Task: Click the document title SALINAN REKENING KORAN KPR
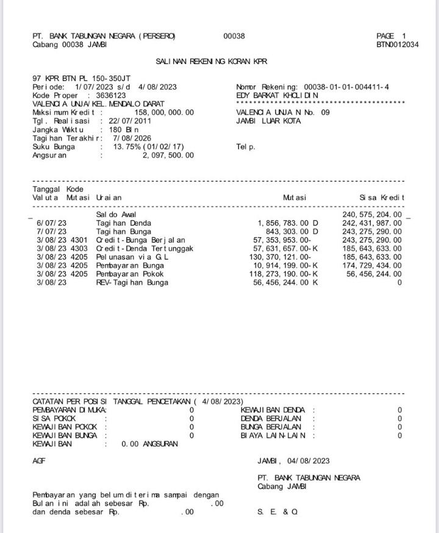point(212,62)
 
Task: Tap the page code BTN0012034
point(397,45)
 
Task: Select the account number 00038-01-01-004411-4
point(346,87)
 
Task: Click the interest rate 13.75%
point(127,147)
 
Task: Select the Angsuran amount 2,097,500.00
point(168,156)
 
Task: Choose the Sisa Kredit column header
point(382,198)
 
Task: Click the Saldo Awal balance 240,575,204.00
point(372,215)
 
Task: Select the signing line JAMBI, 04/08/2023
point(293,461)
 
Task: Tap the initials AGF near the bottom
point(38,461)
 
